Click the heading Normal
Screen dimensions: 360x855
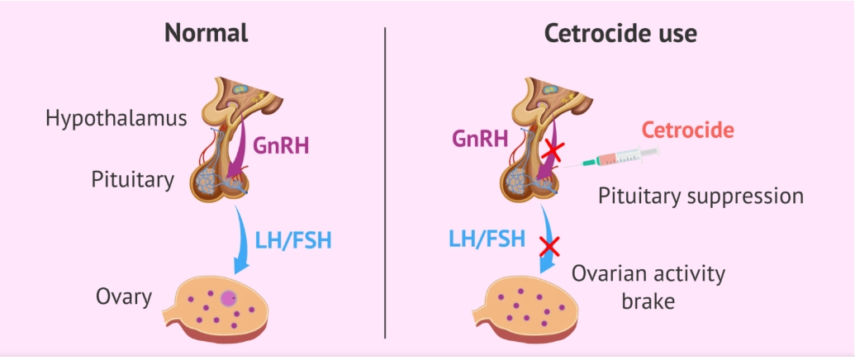tap(206, 34)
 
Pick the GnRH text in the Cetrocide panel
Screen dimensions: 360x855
tap(479, 137)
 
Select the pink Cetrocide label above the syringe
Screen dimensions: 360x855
tap(688, 130)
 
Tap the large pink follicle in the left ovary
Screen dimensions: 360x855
tap(229, 298)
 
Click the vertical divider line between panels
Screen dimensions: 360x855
tap(386, 182)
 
